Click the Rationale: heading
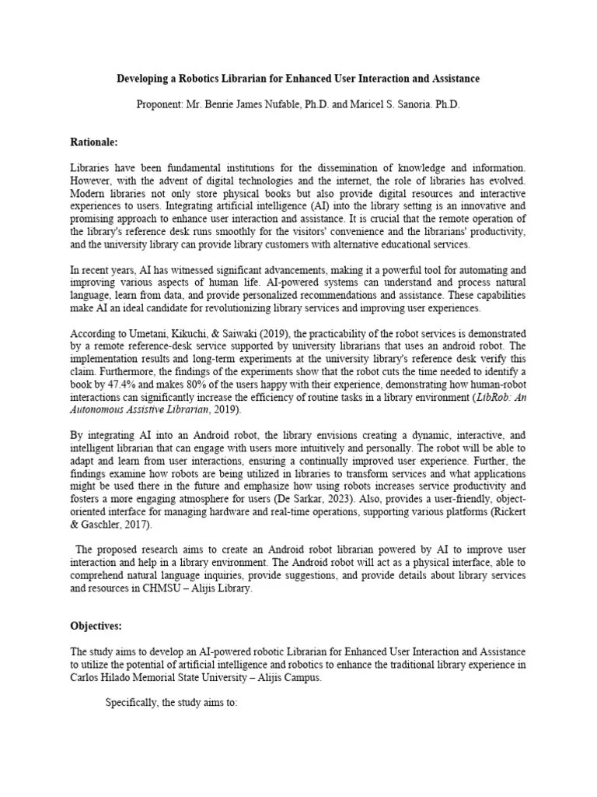[x=94, y=142]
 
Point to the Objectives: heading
[x=96, y=625]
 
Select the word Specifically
[x=131, y=703]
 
